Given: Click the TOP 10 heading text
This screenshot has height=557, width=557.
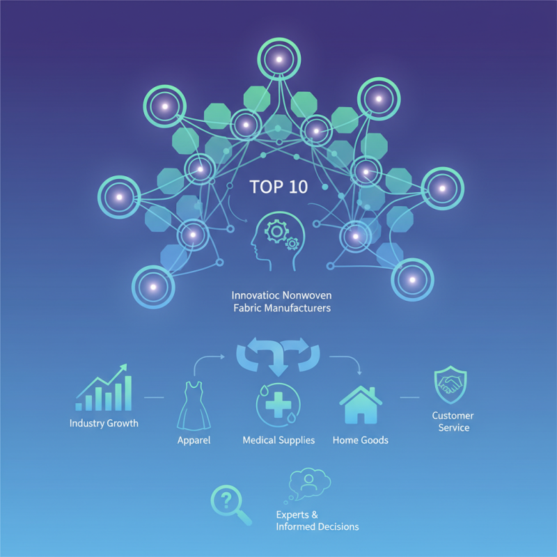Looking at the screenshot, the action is coord(278,187).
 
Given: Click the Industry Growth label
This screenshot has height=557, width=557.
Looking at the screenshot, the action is coord(104,423).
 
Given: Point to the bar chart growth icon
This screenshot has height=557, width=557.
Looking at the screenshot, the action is coord(104,387).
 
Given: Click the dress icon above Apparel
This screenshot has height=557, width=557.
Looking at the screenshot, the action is coord(194,406).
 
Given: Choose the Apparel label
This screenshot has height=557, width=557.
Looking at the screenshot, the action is coord(194,441).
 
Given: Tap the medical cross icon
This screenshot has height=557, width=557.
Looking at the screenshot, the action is coord(278,405).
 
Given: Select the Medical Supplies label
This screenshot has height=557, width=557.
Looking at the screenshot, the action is coord(278,441).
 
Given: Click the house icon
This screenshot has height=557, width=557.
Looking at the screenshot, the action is coord(361,405).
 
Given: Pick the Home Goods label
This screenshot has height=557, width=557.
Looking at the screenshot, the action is coord(360,440).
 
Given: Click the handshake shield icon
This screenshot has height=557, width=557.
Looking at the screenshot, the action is coord(450,385).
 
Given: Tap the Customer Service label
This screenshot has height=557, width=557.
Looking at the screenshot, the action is coord(453,421).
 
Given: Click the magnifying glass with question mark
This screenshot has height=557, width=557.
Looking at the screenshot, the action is coord(231,505).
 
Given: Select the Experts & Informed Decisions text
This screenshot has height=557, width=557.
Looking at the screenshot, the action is coord(317,520).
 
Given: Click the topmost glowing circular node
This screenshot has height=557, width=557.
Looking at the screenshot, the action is coord(279,59).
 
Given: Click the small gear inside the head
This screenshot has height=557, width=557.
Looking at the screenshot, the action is coord(292,244).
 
